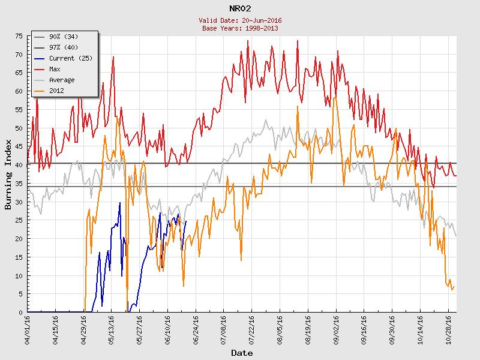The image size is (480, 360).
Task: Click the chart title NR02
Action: pyautogui.click(x=240, y=8)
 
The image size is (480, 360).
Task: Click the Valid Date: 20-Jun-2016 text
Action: pyautogui.click(x=240, y=20)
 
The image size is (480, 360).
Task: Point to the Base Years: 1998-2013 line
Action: pyautogui.click(x=240, y=28)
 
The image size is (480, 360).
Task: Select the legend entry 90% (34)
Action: pyautogui.click(x=63, y=37)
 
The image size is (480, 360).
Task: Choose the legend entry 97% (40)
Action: pyautogui.click(x=63, y=47)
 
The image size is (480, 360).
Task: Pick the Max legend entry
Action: pyautogui.click(x=55, y=69)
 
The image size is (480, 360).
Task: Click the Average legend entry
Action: pyautogui.click(x=62, y=80)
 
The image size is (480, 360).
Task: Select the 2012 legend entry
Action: pyautogui.click(x=56, y=91)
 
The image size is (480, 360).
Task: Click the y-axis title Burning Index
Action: pyautogui.click(x=8, y=174)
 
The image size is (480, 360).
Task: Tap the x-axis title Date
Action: pyautogui.click(x=241, y=353)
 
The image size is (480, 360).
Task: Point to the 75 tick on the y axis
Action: pyautogui.click(x=19, y=36)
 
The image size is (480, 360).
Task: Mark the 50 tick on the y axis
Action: pyautogui.click(x=19, y=128)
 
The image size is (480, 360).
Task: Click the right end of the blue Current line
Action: pyautogui.click(x=186, y=221)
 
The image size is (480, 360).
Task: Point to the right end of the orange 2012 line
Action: pyautogui.click(x=455, y=286)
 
